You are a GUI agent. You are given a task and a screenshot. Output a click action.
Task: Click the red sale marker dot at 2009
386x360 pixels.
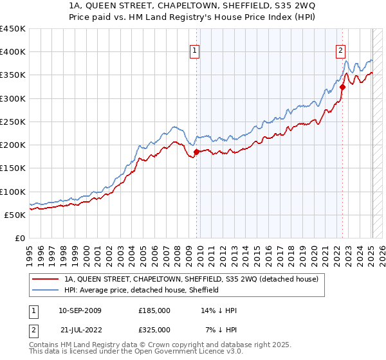196,152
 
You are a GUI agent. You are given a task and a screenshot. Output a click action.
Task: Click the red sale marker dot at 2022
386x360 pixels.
343,87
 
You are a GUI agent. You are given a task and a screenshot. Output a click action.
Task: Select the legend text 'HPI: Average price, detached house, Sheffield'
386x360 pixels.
141,290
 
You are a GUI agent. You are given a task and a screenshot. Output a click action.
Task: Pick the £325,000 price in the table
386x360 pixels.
154,330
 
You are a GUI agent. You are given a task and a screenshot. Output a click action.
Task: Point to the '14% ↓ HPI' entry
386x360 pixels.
219,310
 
